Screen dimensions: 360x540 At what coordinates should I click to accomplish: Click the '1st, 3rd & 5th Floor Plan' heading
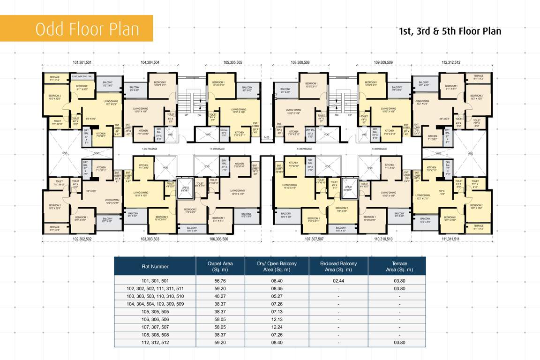click(450, 31)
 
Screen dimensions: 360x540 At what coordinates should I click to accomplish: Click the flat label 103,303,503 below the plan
click(150, 239)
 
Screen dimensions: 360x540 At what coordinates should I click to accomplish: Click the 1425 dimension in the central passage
click(266, 137)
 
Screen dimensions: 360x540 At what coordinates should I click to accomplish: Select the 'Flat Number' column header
click(155, 266)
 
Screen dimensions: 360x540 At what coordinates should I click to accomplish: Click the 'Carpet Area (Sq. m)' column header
click(220, 266)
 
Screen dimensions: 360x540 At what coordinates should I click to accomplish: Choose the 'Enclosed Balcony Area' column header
click(338, 266)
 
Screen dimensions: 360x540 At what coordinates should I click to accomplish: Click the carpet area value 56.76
click(220, 280)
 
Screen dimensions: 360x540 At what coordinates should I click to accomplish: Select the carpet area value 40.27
click(220, 296)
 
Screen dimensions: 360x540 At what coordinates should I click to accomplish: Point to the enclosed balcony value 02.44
click(338, 280)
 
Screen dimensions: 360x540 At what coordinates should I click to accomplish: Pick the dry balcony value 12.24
click(277, 327)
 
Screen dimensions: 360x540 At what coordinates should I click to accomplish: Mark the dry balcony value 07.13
click(277, 311)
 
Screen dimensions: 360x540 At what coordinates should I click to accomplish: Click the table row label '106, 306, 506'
click(155, 319)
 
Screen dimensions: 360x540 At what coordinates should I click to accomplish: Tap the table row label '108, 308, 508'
click(155, 335)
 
